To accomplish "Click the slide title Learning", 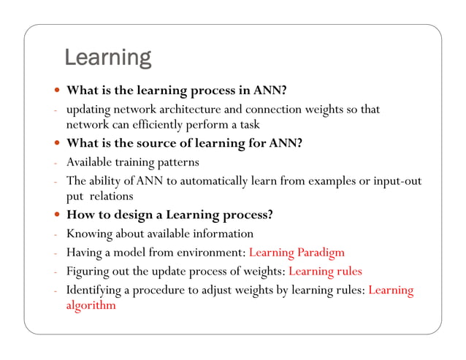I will click(x=107, y=57).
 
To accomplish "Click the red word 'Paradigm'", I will click(x=321, y=253).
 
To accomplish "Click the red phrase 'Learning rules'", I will click(x=325, y=272).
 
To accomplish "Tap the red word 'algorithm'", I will click(x=91, y=306).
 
